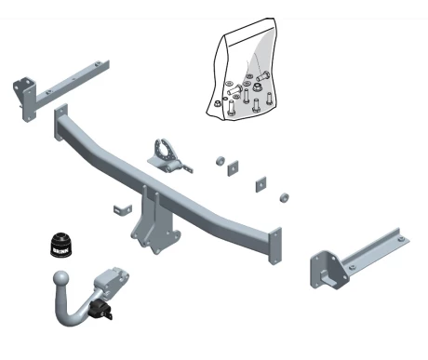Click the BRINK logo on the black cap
[x=60, y=250]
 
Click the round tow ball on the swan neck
[x=61, y=279]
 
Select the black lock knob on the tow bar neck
[x=100, y=309]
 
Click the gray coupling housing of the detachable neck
[x=111, y=281]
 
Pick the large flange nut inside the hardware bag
[x=257, y=87]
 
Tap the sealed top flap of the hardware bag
[x=249, y=32]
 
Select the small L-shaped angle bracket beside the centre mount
[x=123, y=209]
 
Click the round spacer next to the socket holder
[x=221, y=161]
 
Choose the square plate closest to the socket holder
[x=233, y=168]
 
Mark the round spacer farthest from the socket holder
[x=284, y=197]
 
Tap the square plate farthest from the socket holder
[x=261, y=184]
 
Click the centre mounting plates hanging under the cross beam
[x=155, y=223]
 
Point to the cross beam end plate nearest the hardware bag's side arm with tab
[x=275, y=246]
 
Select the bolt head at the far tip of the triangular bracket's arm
[x=400, y=239]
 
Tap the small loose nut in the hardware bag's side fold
[x=217, y=103]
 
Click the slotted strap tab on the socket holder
[x=187, y=167]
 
